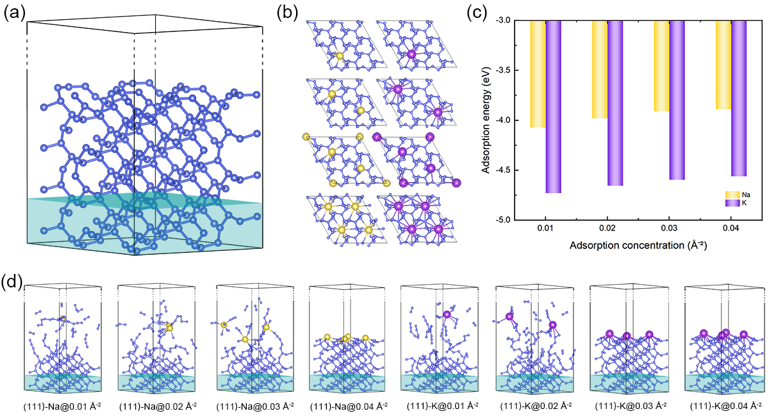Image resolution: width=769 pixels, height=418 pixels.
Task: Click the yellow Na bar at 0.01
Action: pyautogui.click(x=538, y=74)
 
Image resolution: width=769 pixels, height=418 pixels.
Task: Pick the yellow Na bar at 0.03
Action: pyautogui.click(x=661, y=66)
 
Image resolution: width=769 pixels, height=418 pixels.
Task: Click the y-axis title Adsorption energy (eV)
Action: pyautogui.click(x=486, y=120)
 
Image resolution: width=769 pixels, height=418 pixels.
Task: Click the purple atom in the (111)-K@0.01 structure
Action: pyautogui.click(x=447, y=314)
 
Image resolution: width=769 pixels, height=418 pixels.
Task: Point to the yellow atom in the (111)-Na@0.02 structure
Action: pyautogui.click(x=170, y=328)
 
